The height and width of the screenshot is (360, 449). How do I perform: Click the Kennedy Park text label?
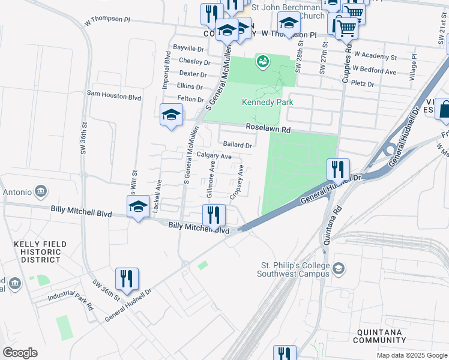coord(267,103)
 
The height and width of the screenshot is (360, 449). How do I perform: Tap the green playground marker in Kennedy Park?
coord(262,61)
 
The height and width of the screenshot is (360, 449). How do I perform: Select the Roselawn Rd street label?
coord(268,129)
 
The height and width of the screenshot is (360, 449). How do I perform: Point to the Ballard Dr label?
coord(237,145)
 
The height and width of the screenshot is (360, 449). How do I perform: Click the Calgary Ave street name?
coord(214,156)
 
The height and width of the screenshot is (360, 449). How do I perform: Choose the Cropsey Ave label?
coord(237,182)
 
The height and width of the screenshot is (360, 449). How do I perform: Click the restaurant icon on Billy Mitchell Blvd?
coord(214,215)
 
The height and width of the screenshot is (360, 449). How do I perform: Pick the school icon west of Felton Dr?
coord(171,113)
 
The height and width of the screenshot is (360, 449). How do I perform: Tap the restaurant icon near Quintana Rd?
coord(338,169)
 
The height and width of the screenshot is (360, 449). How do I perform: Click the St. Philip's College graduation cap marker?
coord(339,268)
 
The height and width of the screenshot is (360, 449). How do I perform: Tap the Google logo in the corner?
coord(20,352)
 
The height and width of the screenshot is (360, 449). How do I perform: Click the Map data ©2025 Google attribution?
coord(411,355)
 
